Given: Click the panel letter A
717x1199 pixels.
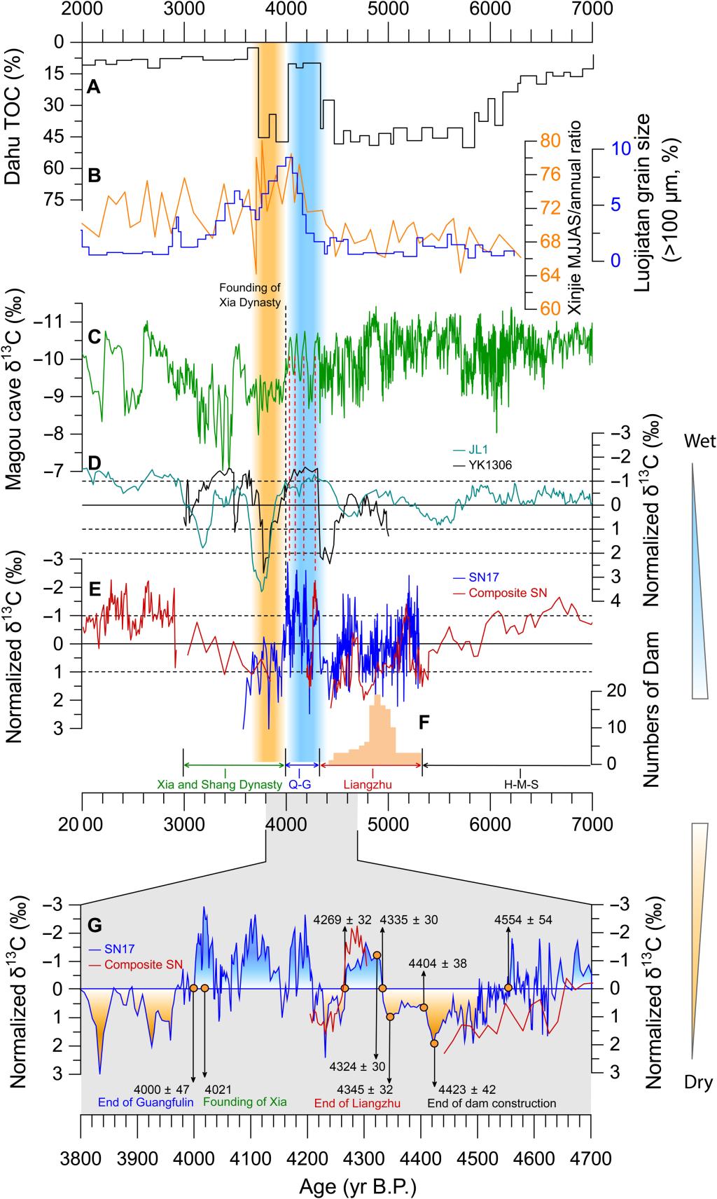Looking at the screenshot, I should (93, 88).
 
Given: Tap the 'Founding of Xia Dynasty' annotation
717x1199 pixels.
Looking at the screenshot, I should (250, 295).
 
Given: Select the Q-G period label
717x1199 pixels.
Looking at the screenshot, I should (300, 784).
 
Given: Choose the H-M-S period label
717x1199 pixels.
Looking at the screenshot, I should (520, 784).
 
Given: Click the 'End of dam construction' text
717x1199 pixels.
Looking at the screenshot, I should (492, 1103).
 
